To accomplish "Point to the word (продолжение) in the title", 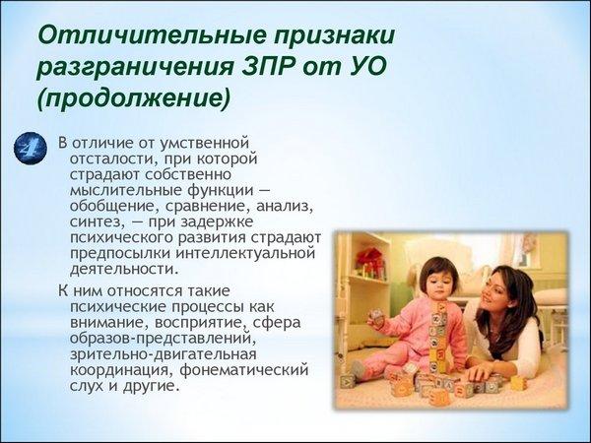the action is click(133, 99).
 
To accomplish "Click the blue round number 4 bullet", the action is click(31, 148).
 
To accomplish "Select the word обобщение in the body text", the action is click(112, 207).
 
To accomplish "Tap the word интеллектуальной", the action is click(245, 253).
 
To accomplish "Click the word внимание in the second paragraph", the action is click(109, 323).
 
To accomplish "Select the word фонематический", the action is click(244, 370).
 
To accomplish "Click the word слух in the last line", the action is click(87, 386).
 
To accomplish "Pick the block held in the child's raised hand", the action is click(376, 317).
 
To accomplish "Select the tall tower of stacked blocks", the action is click(438, 337).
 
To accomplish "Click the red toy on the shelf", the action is click(370, 259).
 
